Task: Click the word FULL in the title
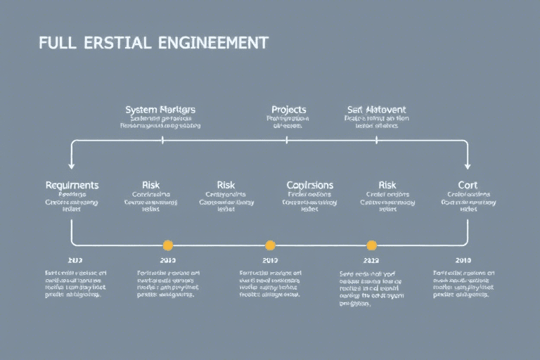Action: (57, 42)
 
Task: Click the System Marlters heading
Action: (160, 110)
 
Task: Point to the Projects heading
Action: (288, 110)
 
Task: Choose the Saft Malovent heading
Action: (377, 110)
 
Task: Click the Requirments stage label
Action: (72, 185)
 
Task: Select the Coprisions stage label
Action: (310, 185)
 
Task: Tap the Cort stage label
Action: (468, 185)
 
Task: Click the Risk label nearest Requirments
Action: (150, 185)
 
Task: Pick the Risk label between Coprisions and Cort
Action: (387, 185)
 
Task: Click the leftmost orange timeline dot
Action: (167, 245)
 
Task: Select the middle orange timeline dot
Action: (270, 245)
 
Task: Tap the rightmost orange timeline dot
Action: (372, 245)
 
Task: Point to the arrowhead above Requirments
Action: (72, 165)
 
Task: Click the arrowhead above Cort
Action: (468, 165)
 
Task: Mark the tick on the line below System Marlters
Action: (162, 141)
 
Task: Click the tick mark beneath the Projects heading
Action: (287, 141)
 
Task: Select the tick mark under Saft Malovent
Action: (376, 141)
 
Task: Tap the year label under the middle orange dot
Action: (270, 260)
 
